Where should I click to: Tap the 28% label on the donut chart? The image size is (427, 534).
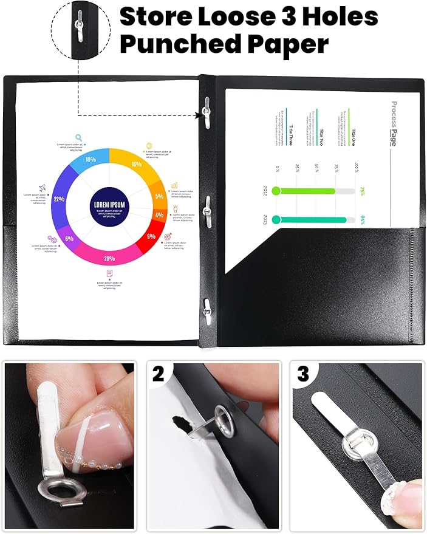[109, 259]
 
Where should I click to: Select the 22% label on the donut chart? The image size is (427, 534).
[60, 199]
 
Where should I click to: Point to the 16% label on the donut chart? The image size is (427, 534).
[137, 165]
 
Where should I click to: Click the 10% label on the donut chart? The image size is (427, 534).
[91, 159]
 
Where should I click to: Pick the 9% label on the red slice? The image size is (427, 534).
[151, 236]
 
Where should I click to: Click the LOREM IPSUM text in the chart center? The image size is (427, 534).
[109, 205]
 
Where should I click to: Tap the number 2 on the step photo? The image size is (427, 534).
[159, 374]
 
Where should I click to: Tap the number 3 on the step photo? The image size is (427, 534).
[303, 374]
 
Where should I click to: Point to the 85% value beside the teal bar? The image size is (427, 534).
[363, 219]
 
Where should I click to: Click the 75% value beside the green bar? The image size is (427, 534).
[363, 191]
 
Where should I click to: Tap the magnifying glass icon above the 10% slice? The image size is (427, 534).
[78, 138]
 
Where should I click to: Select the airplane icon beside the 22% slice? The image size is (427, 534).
[43, 188]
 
